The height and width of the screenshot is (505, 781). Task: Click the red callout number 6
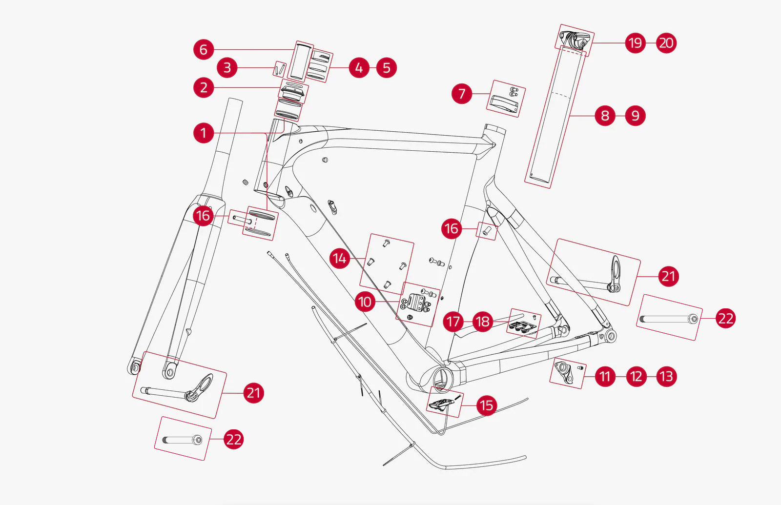(204, 50)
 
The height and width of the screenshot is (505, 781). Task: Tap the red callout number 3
(227, 68)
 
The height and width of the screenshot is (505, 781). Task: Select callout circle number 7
(462, 94)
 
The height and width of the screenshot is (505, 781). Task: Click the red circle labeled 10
(365, 302)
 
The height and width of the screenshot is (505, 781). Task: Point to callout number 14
(340, 259)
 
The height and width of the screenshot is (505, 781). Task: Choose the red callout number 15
(486, 405)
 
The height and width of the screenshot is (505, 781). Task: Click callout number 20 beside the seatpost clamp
(666, 43)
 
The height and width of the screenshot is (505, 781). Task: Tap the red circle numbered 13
(666, 377)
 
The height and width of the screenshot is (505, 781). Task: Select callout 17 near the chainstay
(453, 322)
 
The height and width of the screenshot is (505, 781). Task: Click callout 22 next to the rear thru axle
(725, 319)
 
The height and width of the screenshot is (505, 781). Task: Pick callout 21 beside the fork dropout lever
(253, 393)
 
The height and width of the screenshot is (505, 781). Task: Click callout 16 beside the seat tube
(452, 228)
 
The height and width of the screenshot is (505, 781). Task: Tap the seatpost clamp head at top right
(575, 39)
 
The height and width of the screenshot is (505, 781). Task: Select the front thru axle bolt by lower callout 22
(182, 440)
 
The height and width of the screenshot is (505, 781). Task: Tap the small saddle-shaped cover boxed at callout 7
(503, 103)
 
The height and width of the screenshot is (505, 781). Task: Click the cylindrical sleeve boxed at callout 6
(299, 62)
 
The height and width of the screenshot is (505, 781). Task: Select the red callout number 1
(204, 133)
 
